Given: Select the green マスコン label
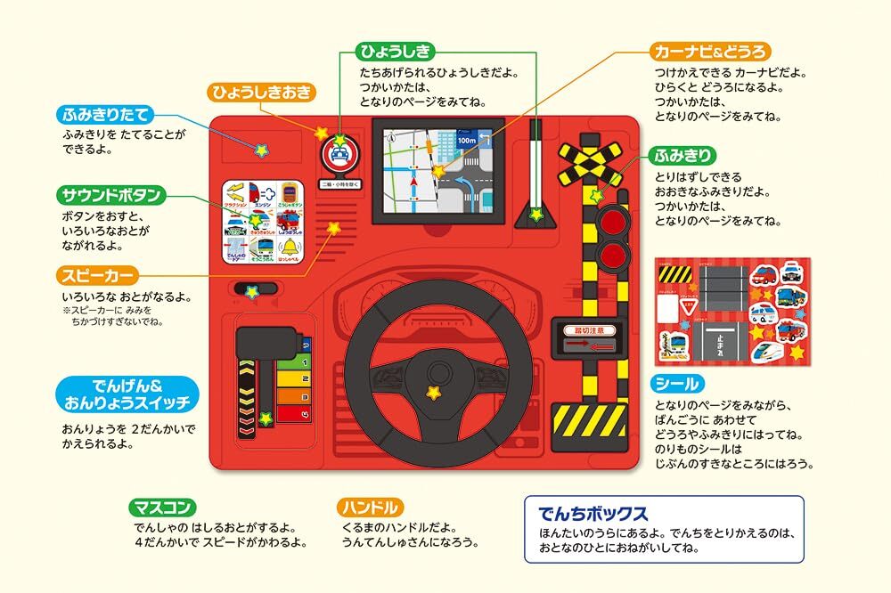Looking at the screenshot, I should pos(161,508).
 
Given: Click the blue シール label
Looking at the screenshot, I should pos(677,385).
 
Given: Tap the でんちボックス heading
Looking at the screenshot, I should pos(593,514).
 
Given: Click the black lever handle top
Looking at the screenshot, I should pos(265,341).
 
